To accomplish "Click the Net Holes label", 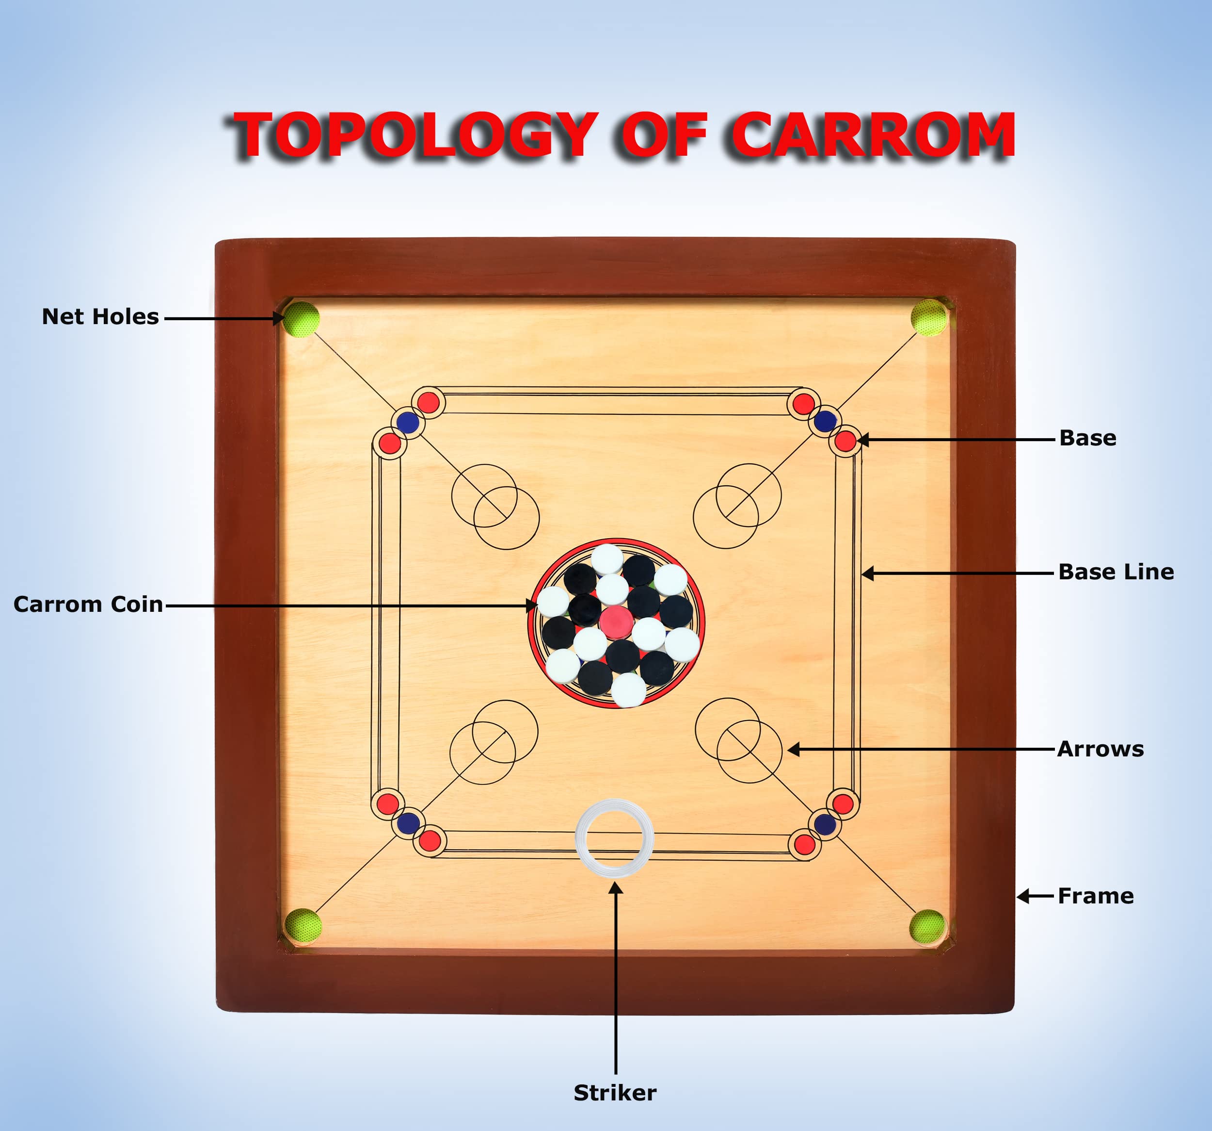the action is pos(100,317).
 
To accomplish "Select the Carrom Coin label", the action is pos(88,604).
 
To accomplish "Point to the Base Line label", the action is pos(1115,572).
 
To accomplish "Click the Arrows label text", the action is pos(1100,749).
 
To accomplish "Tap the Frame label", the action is pos(1095,896).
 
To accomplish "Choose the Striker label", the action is pos(615,1092).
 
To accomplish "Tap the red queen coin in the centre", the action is pos(616,621).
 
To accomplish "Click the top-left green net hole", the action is pos(301,318).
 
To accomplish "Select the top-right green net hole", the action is pos(928,317).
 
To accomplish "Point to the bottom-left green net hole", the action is pos(303,925).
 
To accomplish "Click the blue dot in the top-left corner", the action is pos(407,422).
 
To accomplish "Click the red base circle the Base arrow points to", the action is pos(845,441).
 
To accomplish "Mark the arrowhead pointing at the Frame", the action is pos(1022,896).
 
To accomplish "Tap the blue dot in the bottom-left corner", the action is pos(408,823).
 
